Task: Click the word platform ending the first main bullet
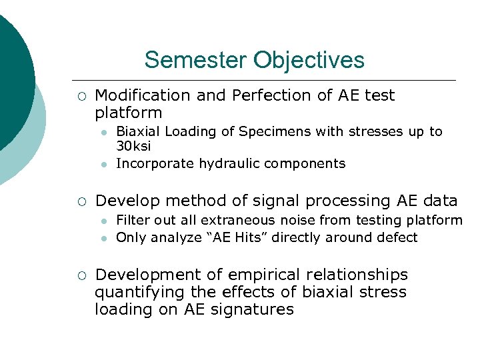click(129, 113)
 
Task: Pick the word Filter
click(133, 220)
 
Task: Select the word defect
click(396, 237)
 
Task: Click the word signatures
click(258, 309)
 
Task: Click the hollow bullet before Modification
click(81, 96)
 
